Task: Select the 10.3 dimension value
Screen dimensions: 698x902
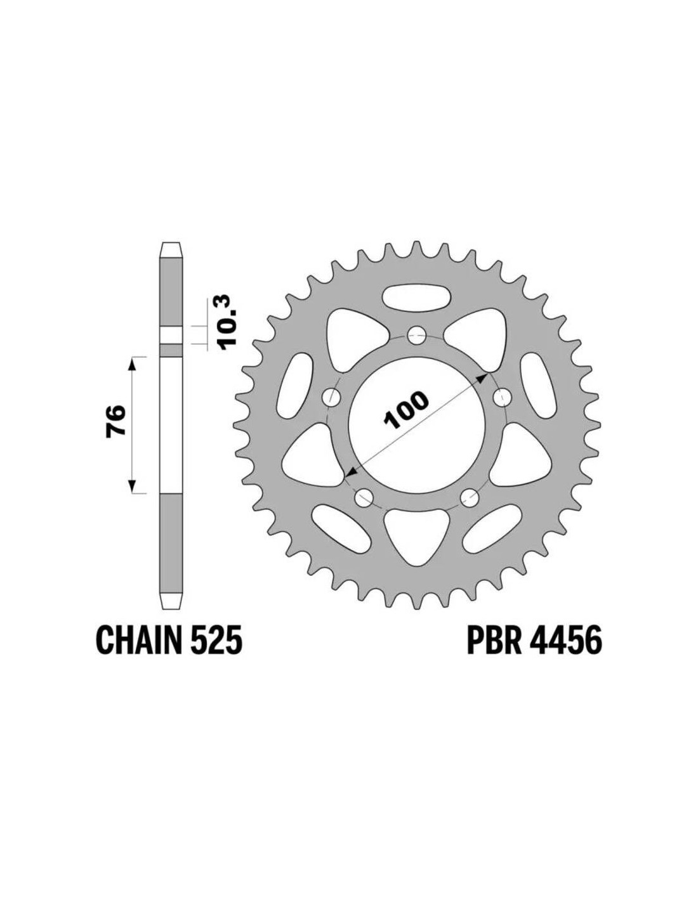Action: point(227,322)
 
